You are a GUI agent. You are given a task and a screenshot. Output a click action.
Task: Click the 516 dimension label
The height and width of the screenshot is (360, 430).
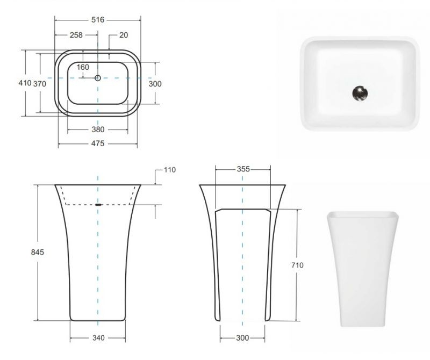tap(98, 19)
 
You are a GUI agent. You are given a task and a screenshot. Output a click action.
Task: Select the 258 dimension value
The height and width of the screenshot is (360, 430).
tap(76, 35)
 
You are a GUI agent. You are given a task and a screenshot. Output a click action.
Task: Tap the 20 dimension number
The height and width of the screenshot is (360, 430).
tap(124, 35)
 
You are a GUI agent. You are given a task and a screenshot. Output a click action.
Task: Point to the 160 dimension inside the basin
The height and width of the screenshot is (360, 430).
tap(83, 67)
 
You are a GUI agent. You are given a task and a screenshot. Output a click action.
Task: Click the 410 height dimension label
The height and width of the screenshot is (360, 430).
tap(25, 83)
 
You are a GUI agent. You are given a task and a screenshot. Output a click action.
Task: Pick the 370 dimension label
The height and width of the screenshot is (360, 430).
tap(40, 83)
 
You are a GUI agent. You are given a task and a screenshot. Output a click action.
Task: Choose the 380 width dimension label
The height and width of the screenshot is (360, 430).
tap(97, 129)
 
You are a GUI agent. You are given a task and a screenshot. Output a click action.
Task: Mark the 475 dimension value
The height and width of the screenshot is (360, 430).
tap(97, 143)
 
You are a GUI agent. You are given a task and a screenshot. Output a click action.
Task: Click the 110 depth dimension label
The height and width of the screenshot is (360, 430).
tap(169, 170)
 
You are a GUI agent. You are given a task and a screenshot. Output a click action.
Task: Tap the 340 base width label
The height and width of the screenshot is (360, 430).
tap(98, 338)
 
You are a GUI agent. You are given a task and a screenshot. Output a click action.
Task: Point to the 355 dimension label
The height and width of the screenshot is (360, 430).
tap(243, 169)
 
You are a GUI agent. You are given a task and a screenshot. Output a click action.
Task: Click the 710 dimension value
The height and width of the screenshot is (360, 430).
tap(297, 265)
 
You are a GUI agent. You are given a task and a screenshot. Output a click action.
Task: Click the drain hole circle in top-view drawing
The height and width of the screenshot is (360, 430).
tap(98, 78)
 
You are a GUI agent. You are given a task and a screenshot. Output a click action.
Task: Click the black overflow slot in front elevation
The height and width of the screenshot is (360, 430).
tap(98, 205)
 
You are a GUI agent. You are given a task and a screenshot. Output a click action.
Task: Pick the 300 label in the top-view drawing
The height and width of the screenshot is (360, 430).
tap(155, 83)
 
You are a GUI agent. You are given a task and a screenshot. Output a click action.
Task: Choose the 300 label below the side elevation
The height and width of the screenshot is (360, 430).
tap(242, 338)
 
